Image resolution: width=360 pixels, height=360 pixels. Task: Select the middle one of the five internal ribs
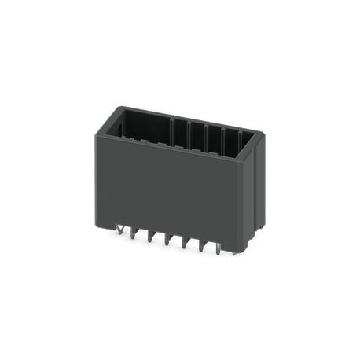(206, 135)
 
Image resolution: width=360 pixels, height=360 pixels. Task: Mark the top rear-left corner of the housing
(119, 107)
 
